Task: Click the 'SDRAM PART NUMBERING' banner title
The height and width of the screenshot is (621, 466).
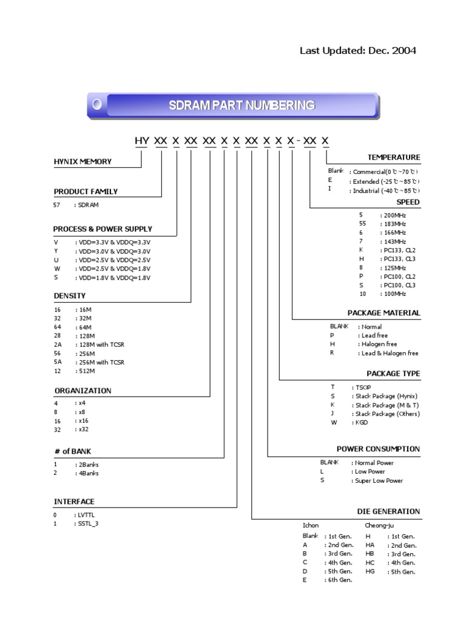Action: [x=241, y=106]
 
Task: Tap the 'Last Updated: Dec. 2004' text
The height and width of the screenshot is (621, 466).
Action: [x=358, y=50]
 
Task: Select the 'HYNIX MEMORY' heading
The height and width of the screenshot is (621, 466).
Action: [x=83, y=161]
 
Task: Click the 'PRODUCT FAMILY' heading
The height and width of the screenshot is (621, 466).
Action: [x=86, y=192]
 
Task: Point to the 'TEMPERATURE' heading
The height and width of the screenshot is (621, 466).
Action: [x=393, y=157]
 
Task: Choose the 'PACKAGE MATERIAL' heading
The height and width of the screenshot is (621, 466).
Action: [x=383, y=313]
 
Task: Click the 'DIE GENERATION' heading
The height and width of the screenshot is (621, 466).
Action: [x=388, y=511]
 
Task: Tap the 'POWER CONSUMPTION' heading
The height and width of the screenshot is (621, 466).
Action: [x=378, y=449]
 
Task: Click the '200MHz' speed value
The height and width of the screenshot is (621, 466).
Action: [x=393, y=215]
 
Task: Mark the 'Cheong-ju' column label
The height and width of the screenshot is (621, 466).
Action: [x=379, y=525]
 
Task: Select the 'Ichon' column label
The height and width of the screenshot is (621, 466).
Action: [x=311, y=525]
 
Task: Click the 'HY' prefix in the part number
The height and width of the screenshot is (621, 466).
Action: [x=141, y=141]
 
